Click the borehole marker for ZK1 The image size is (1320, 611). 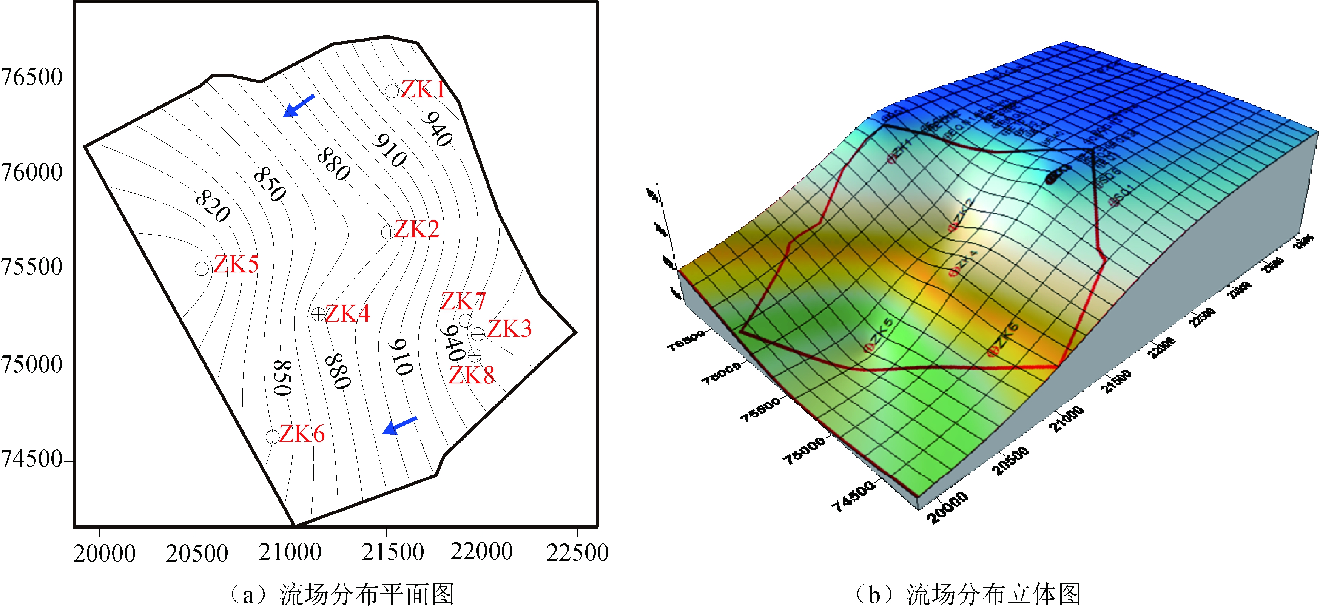(x=392, y=91)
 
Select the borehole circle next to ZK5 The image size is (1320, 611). (x=202, y=268)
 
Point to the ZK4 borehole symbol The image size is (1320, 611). (x=318, y=314)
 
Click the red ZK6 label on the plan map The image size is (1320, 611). (x=302, y=434)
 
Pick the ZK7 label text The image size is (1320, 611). (x=463, y=301)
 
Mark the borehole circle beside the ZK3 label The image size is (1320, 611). (x=478, y=334)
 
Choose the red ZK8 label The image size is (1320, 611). (x=472, y=376)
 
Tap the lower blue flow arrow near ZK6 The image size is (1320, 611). (x=400, y=426)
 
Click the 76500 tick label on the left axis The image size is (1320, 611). (x=32, y=78)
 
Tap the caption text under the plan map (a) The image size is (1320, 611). (x=341, y=595)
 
